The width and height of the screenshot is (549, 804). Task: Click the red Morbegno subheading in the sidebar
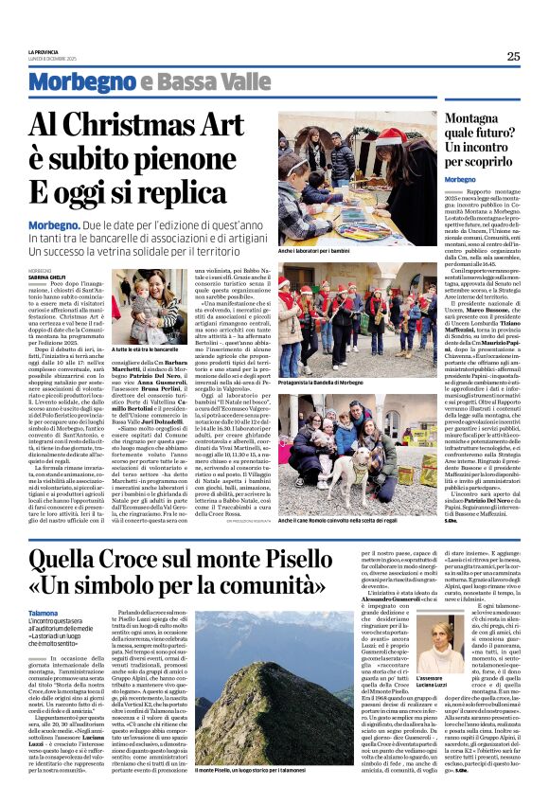461,179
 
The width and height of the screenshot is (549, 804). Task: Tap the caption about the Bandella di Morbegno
328,383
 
